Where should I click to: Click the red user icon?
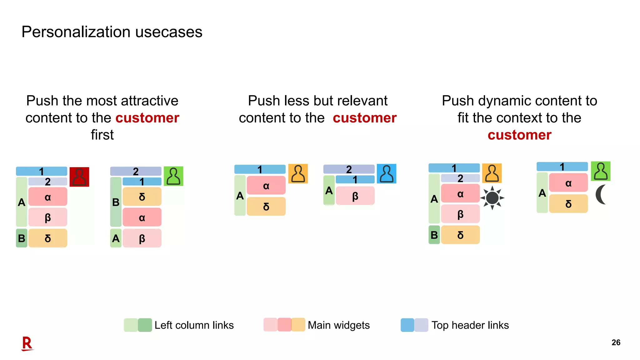click(x=79, y=177)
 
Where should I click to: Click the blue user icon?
click(x=386, y=174)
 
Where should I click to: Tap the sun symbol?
click(x=492, y=198)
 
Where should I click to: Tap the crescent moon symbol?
click(x=601, y=194)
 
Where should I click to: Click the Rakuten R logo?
click(x=27, y=343)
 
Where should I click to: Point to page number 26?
click(x=616, y=342)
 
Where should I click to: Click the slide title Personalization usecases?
click(x=112, y=32)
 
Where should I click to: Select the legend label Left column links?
click(x=194, y=325)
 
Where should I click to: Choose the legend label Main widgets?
click(x=338, y=325)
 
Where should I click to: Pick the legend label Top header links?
click(x=470, y=325)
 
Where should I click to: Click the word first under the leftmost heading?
click(x=102, y=135)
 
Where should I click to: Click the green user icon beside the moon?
click(x=600, y=171)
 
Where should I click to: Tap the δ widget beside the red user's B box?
click(x=48, y=238)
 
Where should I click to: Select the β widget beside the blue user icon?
click(x=355, y=196)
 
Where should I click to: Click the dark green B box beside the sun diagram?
click(x=434, y=235)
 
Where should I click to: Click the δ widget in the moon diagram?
click(x=568, y=204)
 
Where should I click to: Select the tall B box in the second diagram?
click(x=116, y=202)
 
